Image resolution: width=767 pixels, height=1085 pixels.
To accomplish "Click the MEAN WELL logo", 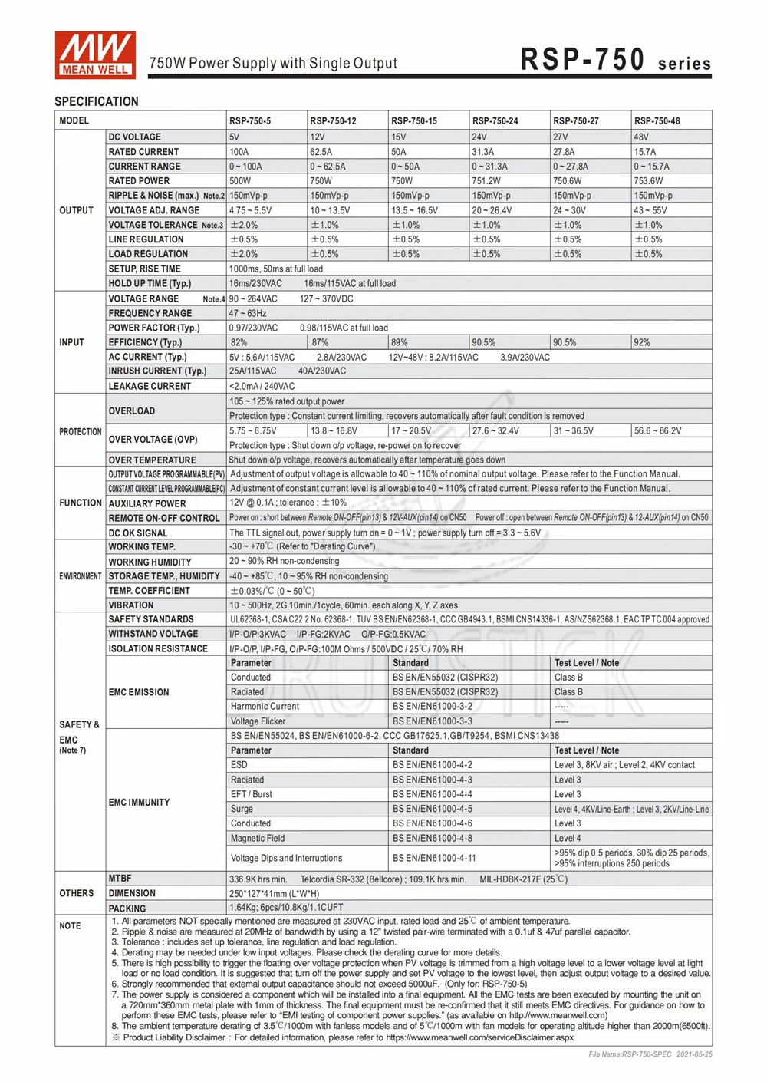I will pos(95,54).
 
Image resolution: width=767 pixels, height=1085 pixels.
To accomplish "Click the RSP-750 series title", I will pos(615,60).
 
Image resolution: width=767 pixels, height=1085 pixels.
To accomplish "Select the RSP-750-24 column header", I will pos(495,120).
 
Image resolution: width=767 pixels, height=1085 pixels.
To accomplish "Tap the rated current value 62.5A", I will pos(321,152).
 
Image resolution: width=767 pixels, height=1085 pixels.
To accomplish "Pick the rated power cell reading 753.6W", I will pos(648,181).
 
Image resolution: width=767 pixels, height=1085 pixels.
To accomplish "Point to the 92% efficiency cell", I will pos(643,342).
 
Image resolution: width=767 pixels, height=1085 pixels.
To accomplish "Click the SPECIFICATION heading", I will pos(97,101).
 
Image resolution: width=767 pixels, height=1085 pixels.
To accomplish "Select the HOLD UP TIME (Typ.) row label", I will pos(150,284).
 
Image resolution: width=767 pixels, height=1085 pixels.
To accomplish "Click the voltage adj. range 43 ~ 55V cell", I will pos(650,210).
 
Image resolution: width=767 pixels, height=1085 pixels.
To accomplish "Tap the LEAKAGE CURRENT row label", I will pos(150,387).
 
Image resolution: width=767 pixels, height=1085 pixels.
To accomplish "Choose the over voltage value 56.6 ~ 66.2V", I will pos(658,431).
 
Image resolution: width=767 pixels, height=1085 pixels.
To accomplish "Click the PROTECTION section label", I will pos(80,432).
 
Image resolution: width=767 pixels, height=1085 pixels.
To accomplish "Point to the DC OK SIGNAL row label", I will pos(138,533).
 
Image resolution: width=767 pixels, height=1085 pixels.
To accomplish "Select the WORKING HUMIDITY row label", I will pos(150,562).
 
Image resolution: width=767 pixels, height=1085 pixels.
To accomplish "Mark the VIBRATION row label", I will pos(131,605).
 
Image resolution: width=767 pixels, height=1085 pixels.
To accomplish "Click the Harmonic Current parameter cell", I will pos(265,707).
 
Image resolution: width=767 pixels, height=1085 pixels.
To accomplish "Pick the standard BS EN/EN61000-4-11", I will pos(434,859).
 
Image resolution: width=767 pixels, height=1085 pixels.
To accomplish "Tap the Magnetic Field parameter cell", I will pos(258,839).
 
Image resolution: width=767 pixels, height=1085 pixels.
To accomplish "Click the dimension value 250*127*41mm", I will pos(274,894).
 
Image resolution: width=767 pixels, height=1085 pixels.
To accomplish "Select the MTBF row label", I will pos(120,879).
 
